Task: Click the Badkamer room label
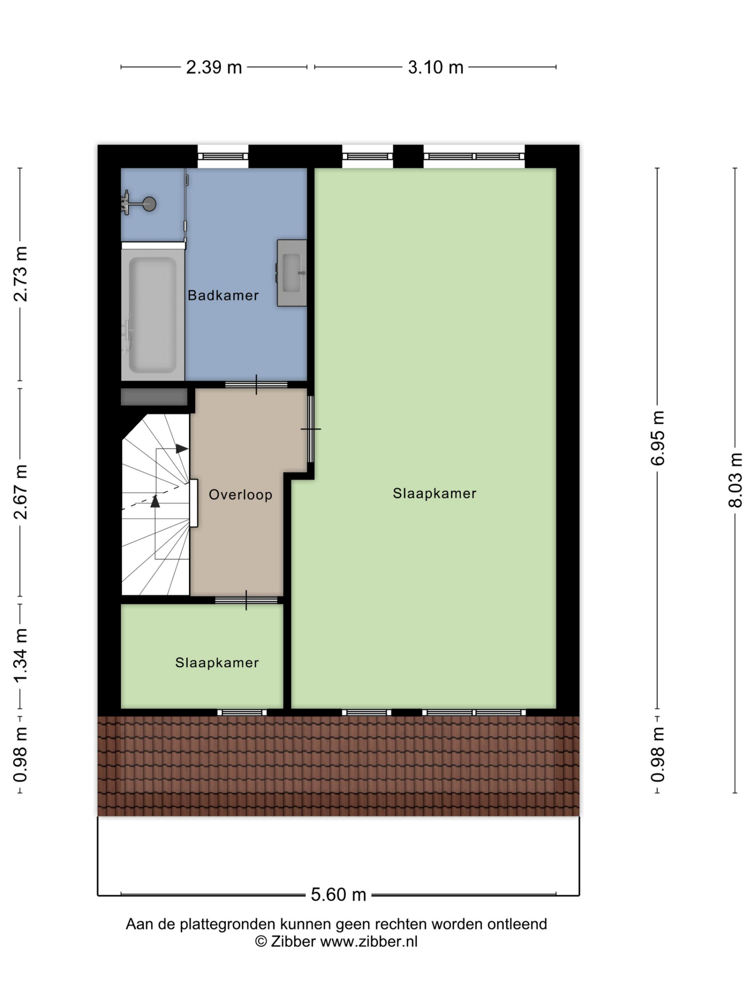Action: click(x=223, y=295)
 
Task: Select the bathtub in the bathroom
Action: click(x=153, y=315)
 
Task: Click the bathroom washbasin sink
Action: click(x=292, y=273)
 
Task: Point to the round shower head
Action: click(x=149, y=204)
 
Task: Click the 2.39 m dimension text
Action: click(x=214, y=67)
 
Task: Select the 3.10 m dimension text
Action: click(x=436, y=67)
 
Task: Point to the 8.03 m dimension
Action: click(x=735, y=480)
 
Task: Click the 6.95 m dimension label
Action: click(x=657, y=438)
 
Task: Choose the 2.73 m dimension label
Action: click(x=20, y=274)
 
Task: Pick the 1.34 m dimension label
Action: click(x=20, y=655)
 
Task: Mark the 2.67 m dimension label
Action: click(x=20, y=492)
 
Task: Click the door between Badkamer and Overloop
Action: click(x=256, y=385)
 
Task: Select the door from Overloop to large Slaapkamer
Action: click(x=311, y=429)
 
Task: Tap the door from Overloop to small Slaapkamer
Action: click(x=246, y=600)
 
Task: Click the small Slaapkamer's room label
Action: click(x=217, y=662)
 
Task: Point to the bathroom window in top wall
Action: click(x=223, y=156)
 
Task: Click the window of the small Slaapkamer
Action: click(x=242, y=712)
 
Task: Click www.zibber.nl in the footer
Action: click(x=368, y=941)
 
